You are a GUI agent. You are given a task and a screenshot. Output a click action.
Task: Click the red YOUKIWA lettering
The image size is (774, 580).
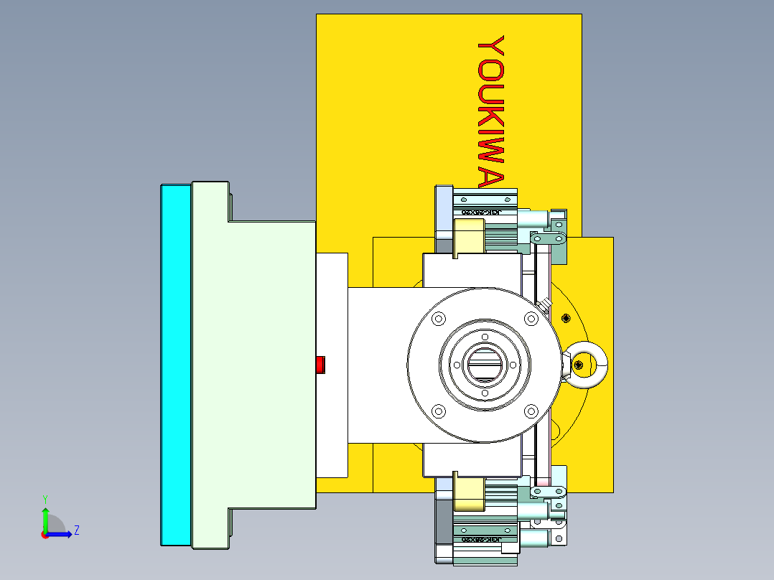point(492,111)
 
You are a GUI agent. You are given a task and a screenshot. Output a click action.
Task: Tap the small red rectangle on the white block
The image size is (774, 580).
point(321,365)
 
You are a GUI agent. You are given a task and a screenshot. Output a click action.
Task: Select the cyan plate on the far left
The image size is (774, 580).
point(175,365)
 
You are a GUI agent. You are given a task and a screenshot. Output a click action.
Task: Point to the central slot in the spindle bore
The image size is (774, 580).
point(485,365)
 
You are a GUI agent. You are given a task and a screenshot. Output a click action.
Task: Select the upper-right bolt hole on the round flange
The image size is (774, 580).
point(531,318)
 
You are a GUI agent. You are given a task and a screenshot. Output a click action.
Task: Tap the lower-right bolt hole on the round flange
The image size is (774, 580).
point(531,411)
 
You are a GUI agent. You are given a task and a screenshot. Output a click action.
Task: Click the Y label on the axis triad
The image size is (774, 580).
point(45,498)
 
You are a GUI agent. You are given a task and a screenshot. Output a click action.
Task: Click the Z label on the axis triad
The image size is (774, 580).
point(76,530)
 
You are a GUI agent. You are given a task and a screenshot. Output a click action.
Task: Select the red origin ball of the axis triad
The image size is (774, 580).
point(45,534)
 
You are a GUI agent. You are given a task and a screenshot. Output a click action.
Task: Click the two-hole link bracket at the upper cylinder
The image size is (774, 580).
point(548,237)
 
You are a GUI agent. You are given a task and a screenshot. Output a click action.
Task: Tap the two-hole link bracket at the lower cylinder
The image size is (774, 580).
point(548,492)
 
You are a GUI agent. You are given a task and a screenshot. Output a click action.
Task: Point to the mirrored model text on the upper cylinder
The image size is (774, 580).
point(480,212)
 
